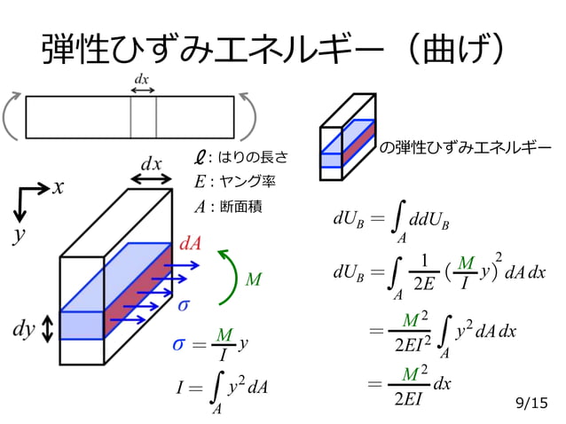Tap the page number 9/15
[531, 404]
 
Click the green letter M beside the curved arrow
[254, 280]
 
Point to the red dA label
[190, 243]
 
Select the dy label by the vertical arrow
[24, 330]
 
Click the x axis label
[59, 187]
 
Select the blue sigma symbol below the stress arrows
[184, 305]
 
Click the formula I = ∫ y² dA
[222, 389]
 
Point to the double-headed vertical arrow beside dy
[48, 330]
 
